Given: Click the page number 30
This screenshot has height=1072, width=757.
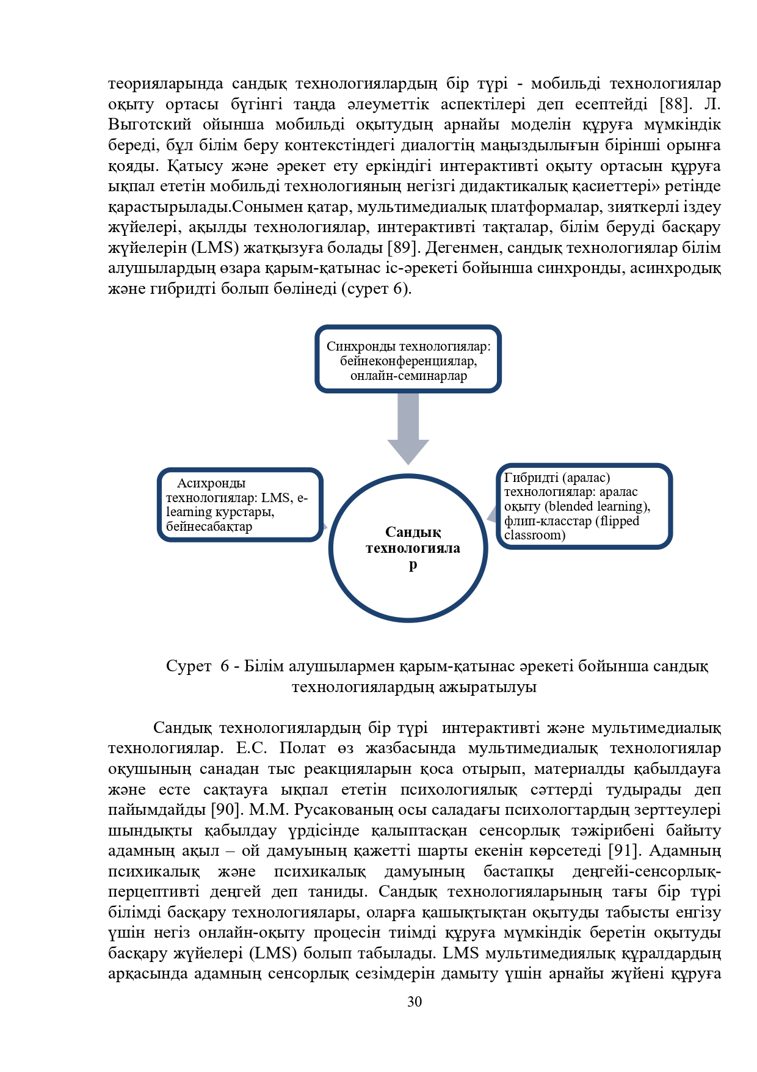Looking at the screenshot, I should [x=415, y=1002].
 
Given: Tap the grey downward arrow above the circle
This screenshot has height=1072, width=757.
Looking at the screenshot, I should [x=408, y=428].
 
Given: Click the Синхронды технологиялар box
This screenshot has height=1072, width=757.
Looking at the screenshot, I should [x=408, y=359].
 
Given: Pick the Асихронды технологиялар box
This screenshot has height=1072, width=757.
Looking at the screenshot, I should [x=240, y=505].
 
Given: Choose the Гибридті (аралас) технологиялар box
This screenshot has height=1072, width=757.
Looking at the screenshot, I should [x=584, y=506].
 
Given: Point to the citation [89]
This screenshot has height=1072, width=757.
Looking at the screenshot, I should [x=402, y=247].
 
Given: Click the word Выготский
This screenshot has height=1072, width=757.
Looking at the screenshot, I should [x=150, y=125].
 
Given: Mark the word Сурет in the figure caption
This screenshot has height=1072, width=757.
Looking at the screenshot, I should [x=189, y=666].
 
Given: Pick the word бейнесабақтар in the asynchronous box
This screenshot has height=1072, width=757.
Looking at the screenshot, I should [x=209, y=527].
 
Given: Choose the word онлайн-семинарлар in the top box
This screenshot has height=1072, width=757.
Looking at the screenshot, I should [x=408, y=376].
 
